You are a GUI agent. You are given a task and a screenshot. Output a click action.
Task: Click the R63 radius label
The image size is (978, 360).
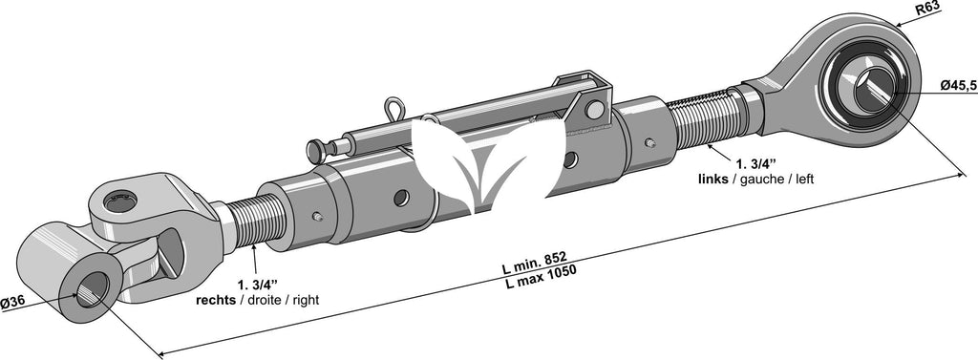926,8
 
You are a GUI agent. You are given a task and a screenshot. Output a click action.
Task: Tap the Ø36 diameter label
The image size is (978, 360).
12,302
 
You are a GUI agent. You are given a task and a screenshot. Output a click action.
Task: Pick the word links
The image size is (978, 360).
712,180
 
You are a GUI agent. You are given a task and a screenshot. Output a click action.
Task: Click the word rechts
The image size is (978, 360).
216,301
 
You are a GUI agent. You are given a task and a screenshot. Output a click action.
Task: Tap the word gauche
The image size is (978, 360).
756,180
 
